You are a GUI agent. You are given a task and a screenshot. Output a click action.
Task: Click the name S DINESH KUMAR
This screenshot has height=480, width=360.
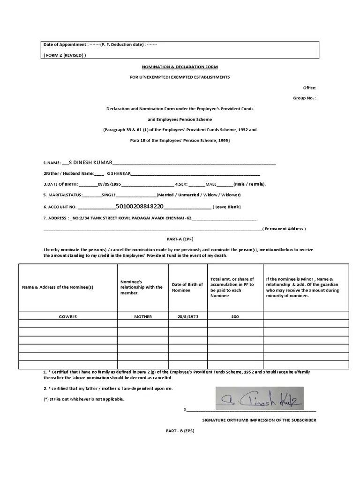90,162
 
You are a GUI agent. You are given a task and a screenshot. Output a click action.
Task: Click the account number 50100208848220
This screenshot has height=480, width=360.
139,206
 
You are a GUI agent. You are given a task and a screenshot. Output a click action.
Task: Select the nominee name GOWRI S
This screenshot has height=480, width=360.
68,316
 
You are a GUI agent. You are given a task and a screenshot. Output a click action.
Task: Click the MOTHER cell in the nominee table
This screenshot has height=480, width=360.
143,316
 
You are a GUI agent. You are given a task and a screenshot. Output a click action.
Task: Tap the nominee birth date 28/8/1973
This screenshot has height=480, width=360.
187,316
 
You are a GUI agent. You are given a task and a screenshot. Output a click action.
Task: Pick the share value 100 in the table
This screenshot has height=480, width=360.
235,316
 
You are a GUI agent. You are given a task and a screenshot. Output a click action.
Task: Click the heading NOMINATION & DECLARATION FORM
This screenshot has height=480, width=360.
180,67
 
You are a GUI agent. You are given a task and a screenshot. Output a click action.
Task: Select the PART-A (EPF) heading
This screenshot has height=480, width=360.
180,238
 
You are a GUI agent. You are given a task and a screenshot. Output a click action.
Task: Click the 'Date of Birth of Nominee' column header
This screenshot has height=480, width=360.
187,287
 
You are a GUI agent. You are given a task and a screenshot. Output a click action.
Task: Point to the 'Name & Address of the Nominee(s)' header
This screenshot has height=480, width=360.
58,287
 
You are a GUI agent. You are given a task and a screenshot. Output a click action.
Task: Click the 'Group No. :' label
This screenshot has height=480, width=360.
305,98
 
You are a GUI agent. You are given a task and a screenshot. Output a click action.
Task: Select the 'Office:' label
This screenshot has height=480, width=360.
309,88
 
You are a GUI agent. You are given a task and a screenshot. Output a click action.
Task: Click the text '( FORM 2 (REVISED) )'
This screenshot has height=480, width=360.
65,55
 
